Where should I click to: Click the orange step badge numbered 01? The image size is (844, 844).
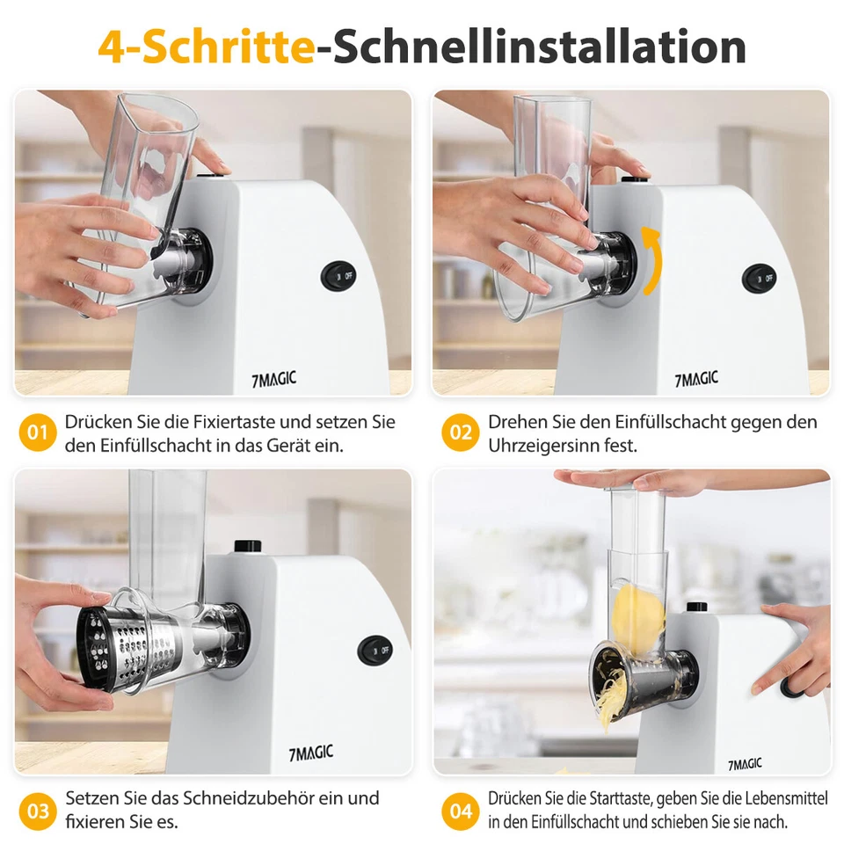(37, 433)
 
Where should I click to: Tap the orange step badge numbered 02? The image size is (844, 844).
(461, 433)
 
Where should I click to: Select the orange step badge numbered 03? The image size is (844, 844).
(37, 810)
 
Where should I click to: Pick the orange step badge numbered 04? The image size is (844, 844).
(461, 810)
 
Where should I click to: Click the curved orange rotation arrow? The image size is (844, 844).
(650, 260)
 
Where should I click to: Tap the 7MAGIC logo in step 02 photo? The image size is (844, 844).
(695, 379)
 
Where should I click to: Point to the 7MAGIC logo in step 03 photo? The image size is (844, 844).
(310, 753)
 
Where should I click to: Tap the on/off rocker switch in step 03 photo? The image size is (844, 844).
(375, 651)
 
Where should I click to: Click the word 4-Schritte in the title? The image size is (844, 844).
(206, 47)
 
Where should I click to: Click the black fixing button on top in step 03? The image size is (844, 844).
(244, 544)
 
